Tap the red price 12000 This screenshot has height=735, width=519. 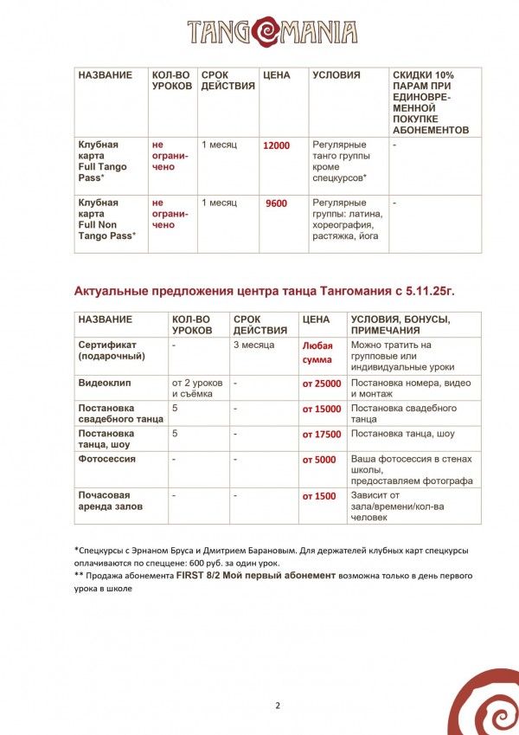277,146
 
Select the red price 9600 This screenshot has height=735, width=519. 277,203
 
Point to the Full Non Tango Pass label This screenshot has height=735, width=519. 106,219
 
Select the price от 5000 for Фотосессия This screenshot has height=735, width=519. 319,460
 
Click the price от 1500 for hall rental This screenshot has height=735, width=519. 319,496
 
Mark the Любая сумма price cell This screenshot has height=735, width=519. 317,351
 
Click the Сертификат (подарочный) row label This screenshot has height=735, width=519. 112,351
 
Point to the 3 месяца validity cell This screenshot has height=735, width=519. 255,345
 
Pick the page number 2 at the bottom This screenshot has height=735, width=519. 278,706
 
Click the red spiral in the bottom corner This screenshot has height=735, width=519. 485,701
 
